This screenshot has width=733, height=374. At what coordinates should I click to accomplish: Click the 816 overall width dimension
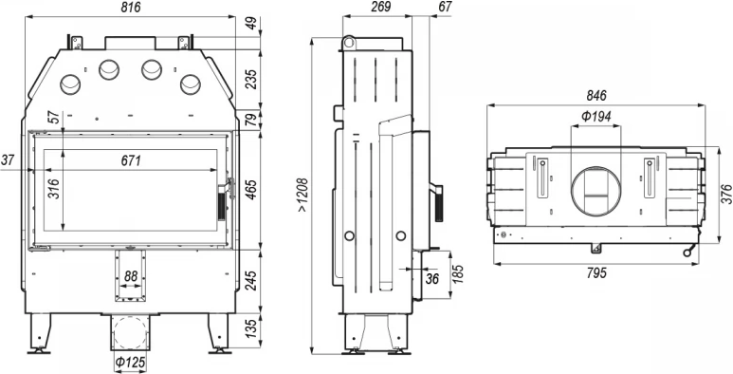(x=131, y=8)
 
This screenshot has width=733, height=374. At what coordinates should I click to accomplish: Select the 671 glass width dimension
(x=131, y=161)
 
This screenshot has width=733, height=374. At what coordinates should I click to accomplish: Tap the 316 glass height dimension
(x=55, y=189)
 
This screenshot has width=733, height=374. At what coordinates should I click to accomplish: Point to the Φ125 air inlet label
(x=130, y=363)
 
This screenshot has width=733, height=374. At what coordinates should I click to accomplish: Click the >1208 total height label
(x=302, y=195)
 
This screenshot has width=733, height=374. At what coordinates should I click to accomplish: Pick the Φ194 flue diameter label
(x=596, y=117)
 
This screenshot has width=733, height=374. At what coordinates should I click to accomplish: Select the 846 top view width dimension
(x=596, y=96)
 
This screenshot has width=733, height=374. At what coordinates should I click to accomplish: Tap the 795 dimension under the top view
(x=596, y=272)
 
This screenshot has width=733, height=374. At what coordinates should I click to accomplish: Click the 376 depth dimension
(x=726, y=195)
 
